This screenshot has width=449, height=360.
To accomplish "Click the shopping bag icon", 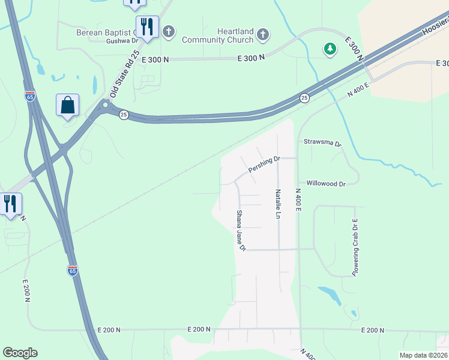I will (x=68, y=105).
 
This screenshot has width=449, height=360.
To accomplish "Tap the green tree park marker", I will (x=330, y=49).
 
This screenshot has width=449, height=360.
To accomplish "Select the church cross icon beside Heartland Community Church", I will (x=262, y=35).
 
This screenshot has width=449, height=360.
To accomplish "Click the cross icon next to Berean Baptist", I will (x=169, y=31).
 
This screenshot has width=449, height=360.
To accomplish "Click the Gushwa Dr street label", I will (x=122, y=41).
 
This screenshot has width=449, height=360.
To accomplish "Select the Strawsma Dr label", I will (x=322, y=144).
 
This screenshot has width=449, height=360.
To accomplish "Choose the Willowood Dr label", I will (x=326, y=184).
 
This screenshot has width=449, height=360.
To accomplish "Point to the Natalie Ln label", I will (x=279, y=204).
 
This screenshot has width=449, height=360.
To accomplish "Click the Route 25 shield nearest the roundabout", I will (x=123, y=115).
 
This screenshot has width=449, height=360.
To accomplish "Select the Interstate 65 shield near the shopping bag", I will (x=30, y=95).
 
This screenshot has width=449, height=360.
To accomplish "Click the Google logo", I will (x=20, y=353).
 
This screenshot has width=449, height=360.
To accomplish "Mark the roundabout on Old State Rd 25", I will (x=105, y=106).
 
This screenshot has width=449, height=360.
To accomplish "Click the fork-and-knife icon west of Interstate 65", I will (x=10, y=204).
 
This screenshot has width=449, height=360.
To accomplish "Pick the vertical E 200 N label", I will (x=26, y=291).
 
